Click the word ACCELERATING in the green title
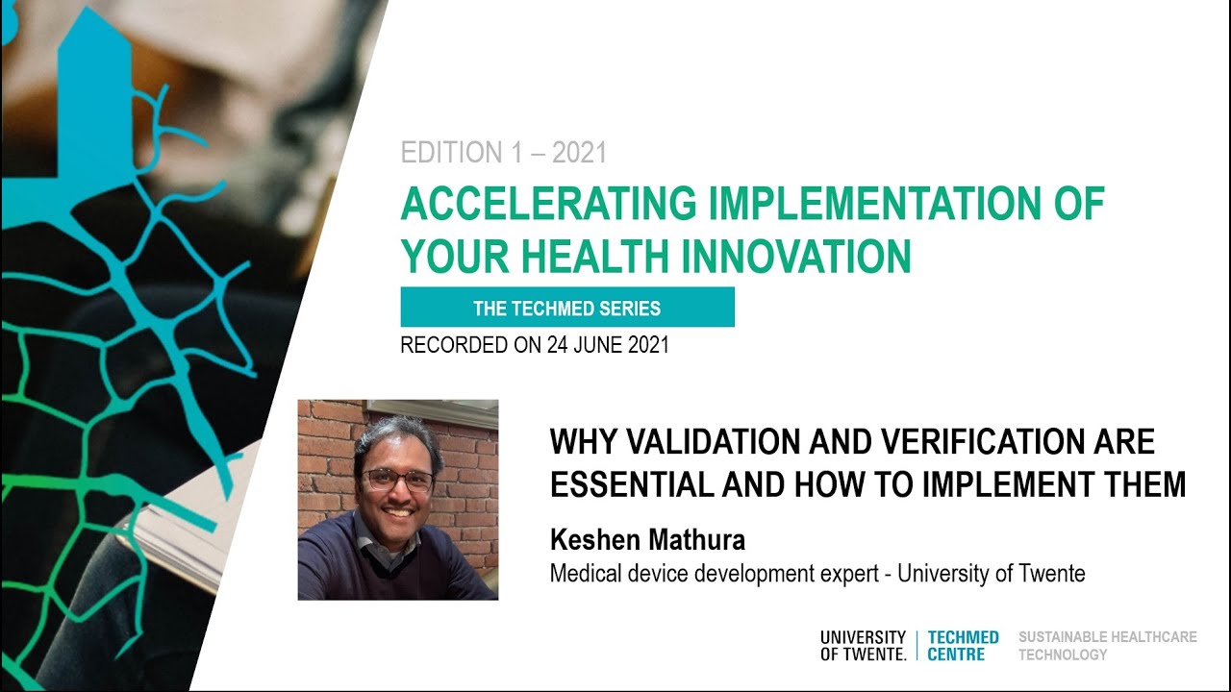point(548,203)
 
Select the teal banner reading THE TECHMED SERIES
point(567,307)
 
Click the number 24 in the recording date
point(557,345)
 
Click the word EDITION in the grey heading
point(451,153)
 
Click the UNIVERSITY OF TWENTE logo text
point(864,646)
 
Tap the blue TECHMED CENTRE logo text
point(963,646)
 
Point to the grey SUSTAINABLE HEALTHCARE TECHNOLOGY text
point(1107,646)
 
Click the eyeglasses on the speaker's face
point(399,480)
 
